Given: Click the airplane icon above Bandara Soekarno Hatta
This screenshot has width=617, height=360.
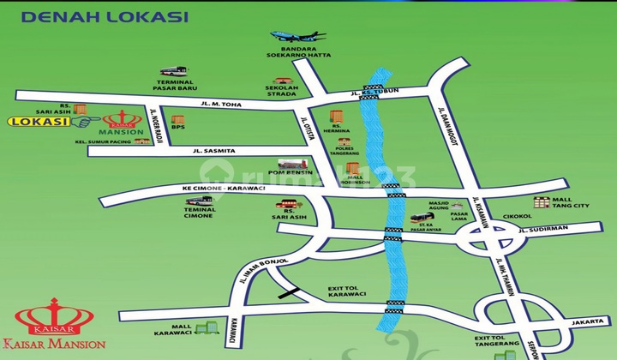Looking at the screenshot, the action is pyautogui.click(x=297, y=37).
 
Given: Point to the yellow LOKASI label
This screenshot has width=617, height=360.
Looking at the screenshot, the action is pyautogui.click(x=39, y=122).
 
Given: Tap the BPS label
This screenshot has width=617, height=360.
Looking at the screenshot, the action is pyautogui.click(x=177, y=128).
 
